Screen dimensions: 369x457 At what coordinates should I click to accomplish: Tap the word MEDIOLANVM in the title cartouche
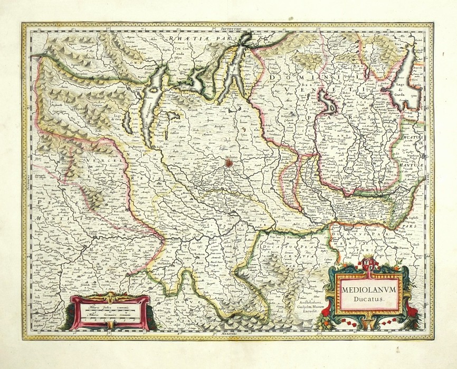point(365,290)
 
